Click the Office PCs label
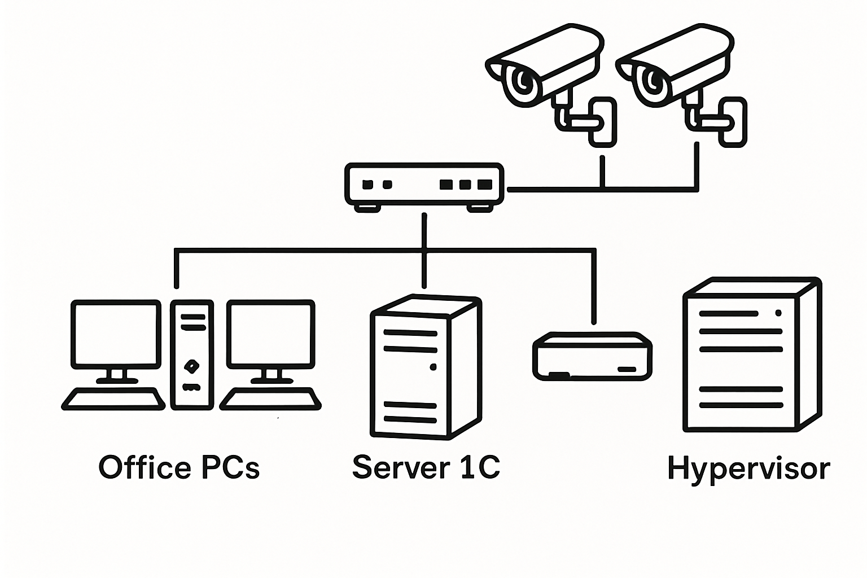pos(179,468)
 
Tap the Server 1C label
pos(426,467)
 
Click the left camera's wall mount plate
pos(602,122)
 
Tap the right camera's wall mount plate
pos(733,122)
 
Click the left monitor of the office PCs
pos(116,335)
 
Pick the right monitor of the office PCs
pos(270,335)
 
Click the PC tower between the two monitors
pos(192,354)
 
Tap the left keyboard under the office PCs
pos(113,399)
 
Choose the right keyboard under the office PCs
pos(270,399)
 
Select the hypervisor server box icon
pos(752,354)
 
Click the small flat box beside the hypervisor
pos(593,356)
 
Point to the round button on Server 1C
pos(433,367)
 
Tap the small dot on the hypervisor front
pos(778,313)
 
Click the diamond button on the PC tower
pos(192,365)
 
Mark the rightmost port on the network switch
pos(485,185)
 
